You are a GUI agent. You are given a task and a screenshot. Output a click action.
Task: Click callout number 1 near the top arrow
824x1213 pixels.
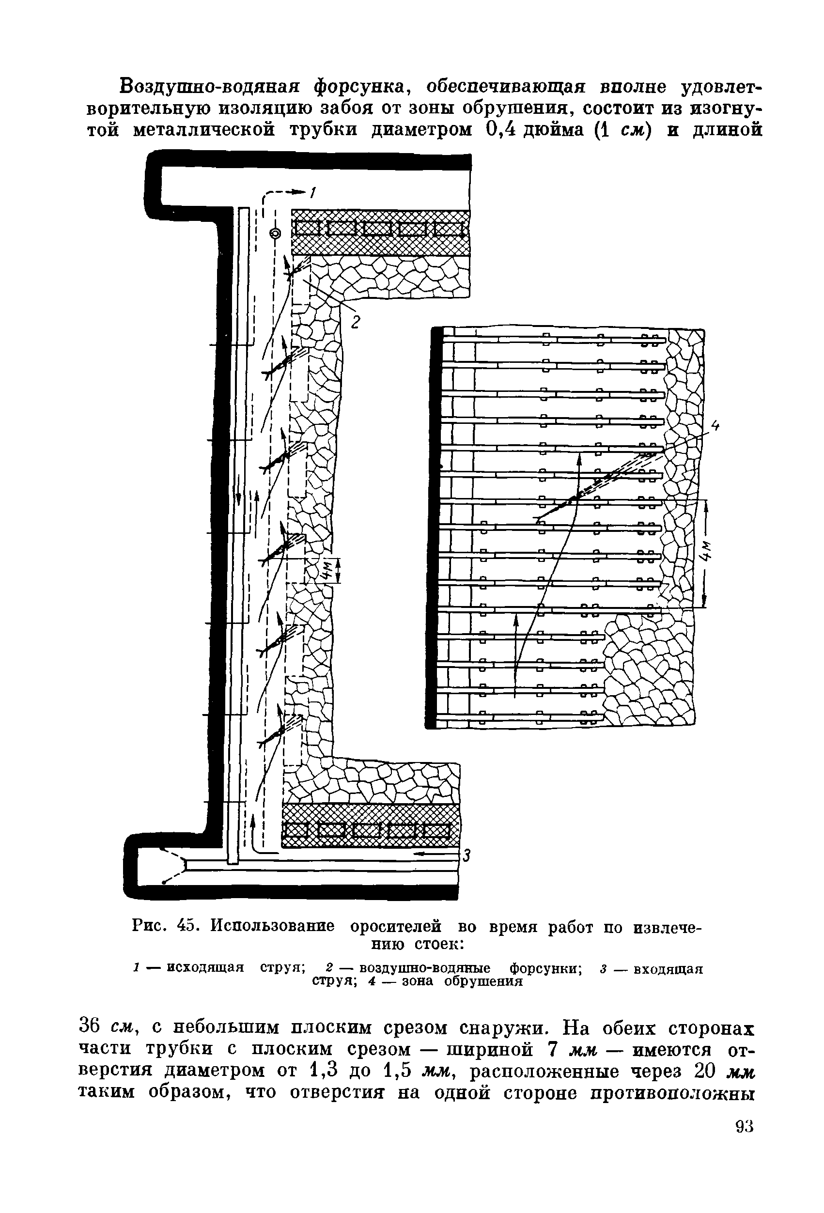(x=312, y=193)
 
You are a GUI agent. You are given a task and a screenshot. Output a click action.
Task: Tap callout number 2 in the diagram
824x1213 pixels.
(x=355, y=322)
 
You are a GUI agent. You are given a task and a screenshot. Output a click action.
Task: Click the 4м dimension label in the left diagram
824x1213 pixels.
(x=326, y=572)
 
